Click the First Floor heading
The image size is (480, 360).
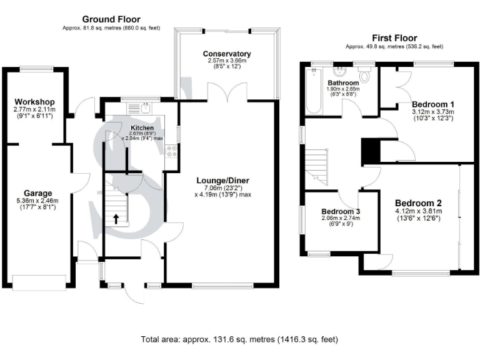[394, 38]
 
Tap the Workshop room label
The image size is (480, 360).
[36, 102]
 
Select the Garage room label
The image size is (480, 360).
[37, 192]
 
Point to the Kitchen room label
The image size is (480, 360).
[142, 127]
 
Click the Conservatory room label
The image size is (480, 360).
[231, 54]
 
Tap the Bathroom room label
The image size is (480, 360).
[344, 82]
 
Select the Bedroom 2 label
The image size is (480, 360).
[419, 203]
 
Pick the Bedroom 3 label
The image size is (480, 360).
[341, 211]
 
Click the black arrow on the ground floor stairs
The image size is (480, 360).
[116, 218]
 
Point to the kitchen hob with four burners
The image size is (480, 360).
[171, 150]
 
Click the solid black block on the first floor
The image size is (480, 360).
[371, 151]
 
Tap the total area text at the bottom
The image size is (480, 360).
[239, 340]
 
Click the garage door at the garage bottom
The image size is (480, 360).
[38, 283]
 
